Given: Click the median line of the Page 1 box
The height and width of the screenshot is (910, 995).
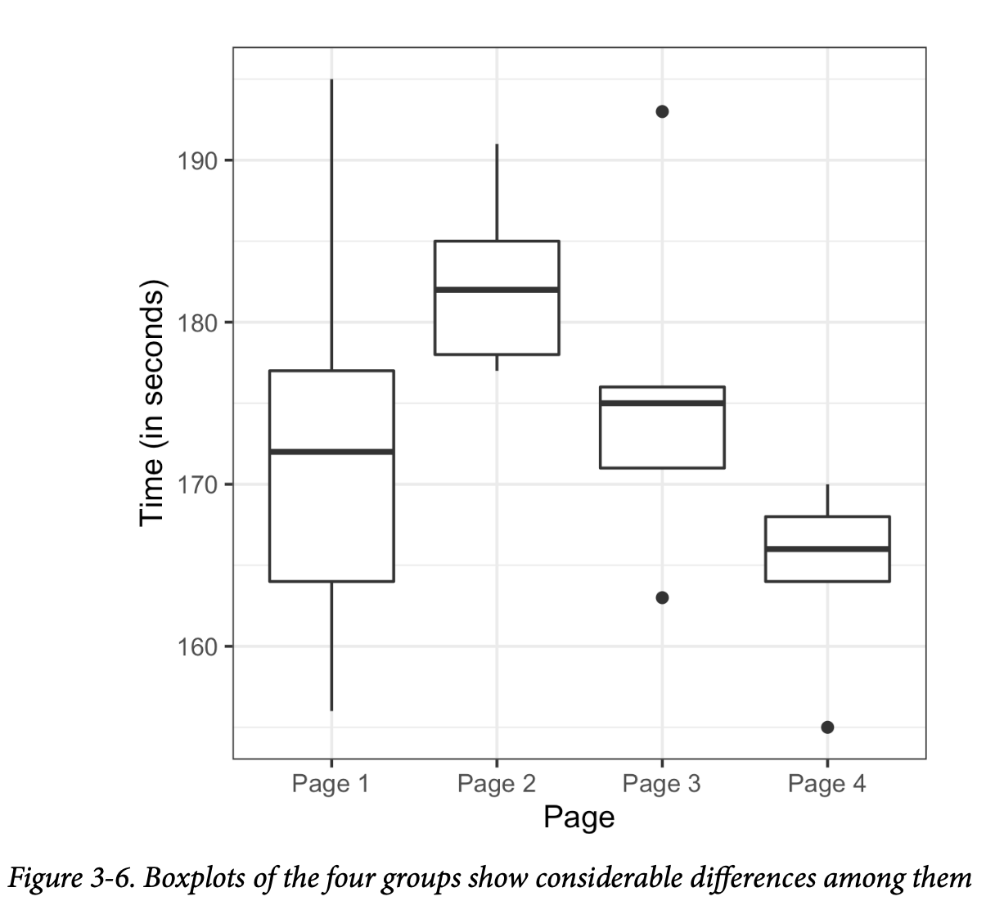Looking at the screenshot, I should (x=331, y=451).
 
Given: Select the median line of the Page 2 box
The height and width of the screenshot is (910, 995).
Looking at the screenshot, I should (x=497, y=290).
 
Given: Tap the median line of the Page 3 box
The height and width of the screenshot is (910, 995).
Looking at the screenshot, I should (x=662, y=403).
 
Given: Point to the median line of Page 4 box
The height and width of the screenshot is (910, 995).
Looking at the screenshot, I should (x=827, y=548).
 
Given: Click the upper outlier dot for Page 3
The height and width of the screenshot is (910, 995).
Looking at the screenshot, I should (x=662, y=111).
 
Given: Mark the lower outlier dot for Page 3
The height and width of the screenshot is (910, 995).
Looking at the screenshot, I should (x=662, y=597).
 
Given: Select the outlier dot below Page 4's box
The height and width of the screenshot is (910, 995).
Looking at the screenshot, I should (x=827, y=727).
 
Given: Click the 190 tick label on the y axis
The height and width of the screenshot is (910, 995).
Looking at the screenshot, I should (x=198, y=160).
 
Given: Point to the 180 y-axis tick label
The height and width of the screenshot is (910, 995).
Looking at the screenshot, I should (x=198, y=322).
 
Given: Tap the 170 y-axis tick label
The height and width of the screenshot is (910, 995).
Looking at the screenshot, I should (x=198, y=484).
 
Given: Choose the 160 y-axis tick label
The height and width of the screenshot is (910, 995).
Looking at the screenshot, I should (x=198, y=646).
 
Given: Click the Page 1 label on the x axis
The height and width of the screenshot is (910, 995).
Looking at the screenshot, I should (x=331, y=784).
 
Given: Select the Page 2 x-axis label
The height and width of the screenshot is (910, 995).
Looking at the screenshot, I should (x=496, y=784).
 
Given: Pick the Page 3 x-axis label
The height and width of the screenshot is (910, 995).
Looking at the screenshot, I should (x=661, y=784).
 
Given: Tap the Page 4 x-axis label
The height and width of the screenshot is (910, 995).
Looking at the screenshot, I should (x=826, y=784).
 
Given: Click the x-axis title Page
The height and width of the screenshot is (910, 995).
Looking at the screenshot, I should (x=579, y=817).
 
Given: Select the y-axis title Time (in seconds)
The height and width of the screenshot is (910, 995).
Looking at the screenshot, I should (x=152, y=403).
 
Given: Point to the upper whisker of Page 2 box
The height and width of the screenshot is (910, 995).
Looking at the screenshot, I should (x=497, y=192).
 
